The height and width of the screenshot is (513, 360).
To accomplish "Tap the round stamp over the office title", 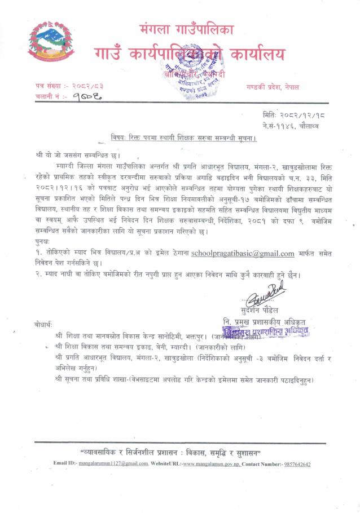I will click(x=195, y=74).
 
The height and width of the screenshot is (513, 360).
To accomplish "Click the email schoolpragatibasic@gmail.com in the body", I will click(x=243, y=254).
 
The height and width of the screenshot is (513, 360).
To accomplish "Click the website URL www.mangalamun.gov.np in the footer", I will click(x=212, y=463).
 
